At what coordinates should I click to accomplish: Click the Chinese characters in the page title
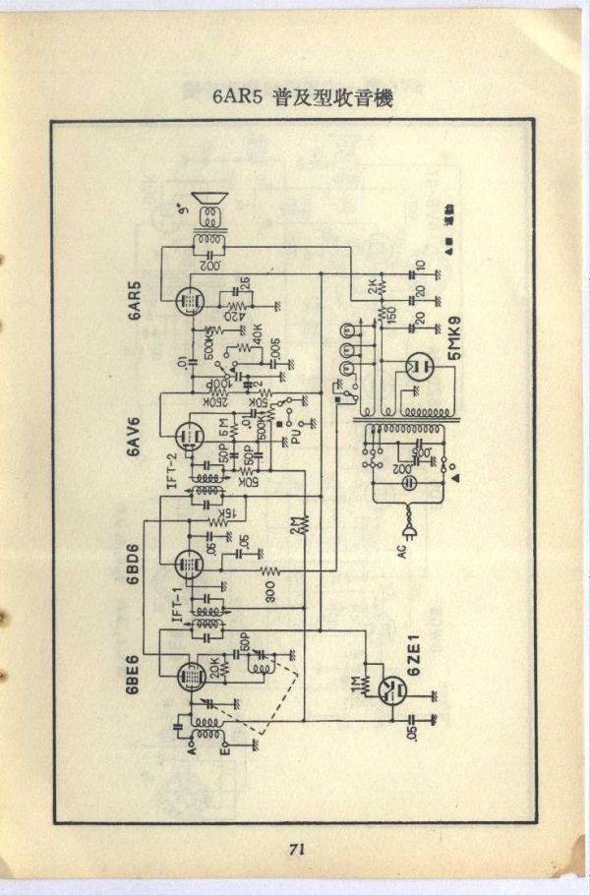333,97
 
